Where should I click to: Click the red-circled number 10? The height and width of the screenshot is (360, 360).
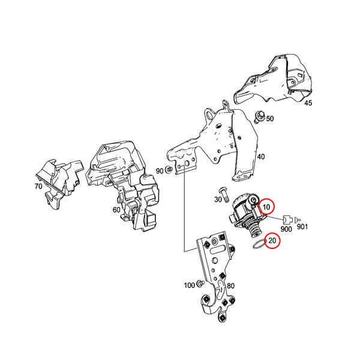(268, 207)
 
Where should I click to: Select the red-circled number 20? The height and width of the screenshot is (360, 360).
(273, 241)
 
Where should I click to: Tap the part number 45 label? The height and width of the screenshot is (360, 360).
(308, 103)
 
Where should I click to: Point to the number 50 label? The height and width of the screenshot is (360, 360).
(269, 119)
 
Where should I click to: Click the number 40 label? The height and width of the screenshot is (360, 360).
(260, 157)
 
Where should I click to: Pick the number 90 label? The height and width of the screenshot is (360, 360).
(160, 171)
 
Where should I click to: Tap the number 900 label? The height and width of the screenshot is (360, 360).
(286, 230)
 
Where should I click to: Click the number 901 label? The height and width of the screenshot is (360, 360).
(302, 226)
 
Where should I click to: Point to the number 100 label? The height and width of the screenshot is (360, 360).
(188, 284)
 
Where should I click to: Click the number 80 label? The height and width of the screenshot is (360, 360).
(230, 285)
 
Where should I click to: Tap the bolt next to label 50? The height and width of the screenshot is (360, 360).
(259, 118)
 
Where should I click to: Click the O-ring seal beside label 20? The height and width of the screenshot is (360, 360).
(257, 245)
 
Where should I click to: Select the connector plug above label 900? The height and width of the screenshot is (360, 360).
(287, 218)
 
